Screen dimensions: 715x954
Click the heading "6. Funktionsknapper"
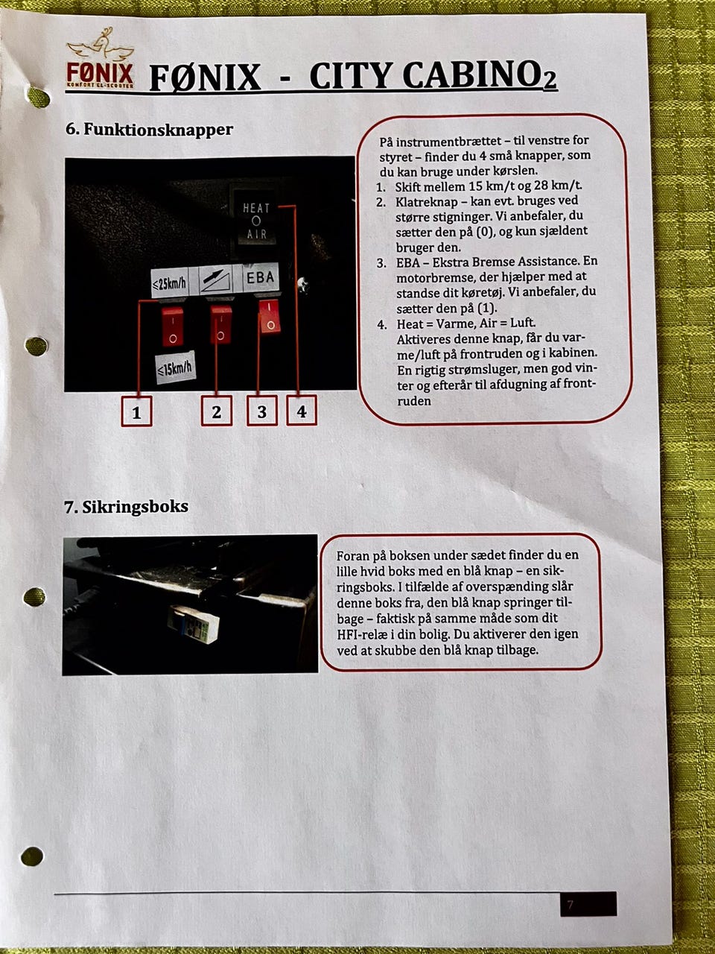point(150,129)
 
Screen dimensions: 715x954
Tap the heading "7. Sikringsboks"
point(127,507)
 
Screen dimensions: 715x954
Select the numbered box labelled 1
point(136,411)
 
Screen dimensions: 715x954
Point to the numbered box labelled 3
point(261,410)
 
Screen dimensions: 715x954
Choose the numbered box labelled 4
point(302,410)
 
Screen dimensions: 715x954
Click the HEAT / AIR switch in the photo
point(255,221)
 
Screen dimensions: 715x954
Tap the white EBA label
point(261,277)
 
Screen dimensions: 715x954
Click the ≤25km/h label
point(170,284)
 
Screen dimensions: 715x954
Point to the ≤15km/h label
point(175,368)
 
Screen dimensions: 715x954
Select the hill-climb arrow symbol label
point(216,280)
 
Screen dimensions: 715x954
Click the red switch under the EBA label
point(270,317)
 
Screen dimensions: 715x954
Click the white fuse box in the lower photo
point(194,625)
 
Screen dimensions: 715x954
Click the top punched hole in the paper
point(38,98)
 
